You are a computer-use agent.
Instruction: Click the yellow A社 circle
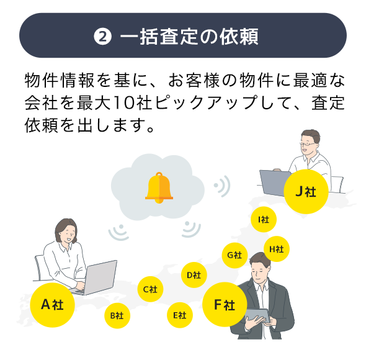click(52, 305)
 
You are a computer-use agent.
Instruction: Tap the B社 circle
click(117, 315)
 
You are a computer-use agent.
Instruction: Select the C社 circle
click(150, 289)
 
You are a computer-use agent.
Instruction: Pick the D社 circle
click(194, 275)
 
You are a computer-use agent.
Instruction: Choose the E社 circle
click(180, 315)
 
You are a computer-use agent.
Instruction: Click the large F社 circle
click(225, 305)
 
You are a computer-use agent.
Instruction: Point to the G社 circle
click(234, 255)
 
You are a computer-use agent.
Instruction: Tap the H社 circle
click(277, 249)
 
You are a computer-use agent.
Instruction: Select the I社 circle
click(264, 219)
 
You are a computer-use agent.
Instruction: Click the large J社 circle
click(306, 192)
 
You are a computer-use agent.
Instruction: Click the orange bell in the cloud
click(159, 188)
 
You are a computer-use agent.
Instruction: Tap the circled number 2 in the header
click(102, 36)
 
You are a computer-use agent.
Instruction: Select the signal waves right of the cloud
click(222, 186)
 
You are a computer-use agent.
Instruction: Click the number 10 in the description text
click(125, 103)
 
